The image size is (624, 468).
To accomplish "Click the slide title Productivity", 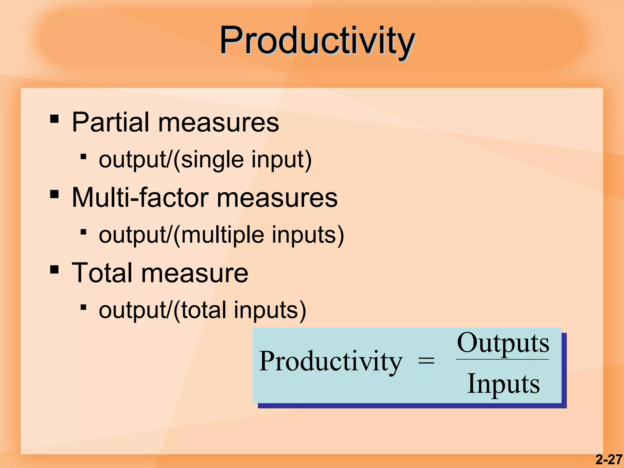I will click(317, 41).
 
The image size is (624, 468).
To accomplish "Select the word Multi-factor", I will click(140, 198).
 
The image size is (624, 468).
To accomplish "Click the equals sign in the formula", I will click(426, 361).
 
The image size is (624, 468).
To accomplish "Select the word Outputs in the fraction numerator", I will click(503, 343).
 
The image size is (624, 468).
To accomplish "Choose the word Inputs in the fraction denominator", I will click(503, 384).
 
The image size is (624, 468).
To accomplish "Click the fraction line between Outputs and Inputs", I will click(502, 360).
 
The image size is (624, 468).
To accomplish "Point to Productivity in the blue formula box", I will click(331, 362).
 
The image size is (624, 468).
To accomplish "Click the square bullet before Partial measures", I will click(54, 119).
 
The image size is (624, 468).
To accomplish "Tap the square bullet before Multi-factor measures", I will click(54, 194).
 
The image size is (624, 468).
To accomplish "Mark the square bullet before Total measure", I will click(54, 269).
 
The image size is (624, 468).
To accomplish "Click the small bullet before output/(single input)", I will click(83, 157).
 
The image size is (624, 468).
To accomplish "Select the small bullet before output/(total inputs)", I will click(83, 307).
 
